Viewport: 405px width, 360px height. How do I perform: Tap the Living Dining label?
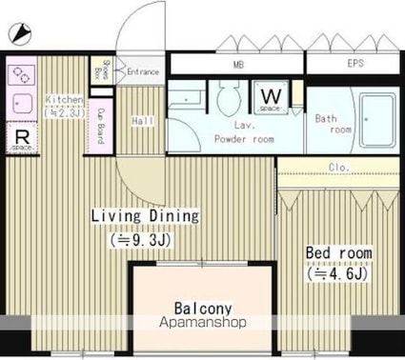click(145, 216)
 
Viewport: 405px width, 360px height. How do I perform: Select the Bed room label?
click(338, 253)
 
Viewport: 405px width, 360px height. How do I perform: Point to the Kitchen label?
click(64, 99)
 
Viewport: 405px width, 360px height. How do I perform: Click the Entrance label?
click(142, 71)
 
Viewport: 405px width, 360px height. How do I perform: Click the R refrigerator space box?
click(21, 139)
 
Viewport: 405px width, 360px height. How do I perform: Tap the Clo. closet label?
click(338, 168)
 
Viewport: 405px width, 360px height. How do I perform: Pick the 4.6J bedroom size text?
click(338, 274)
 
